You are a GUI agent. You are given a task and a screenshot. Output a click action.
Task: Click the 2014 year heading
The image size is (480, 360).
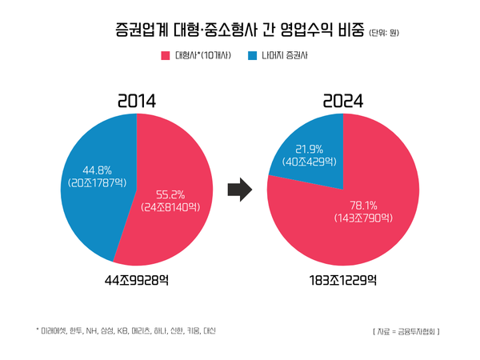(x=136, y=102)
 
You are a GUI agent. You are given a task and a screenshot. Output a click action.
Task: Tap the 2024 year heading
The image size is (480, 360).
(x=343, y=102)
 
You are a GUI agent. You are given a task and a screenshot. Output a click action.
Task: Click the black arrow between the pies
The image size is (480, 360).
(x=239, y=190)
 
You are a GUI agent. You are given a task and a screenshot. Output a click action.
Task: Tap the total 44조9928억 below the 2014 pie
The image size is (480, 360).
(x=135, y=280)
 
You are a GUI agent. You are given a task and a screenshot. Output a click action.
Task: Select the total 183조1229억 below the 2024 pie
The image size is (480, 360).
(x=342, y=280)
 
